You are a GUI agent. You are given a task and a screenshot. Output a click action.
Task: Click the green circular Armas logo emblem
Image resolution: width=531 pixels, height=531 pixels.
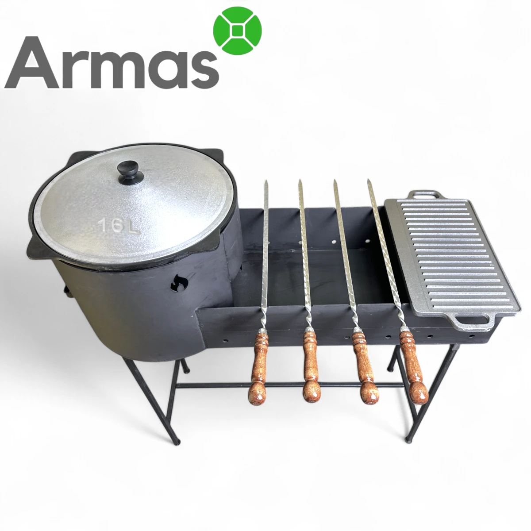[x=238, y=31]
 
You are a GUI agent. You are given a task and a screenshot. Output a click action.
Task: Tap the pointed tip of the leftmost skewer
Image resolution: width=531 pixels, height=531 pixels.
[x=266, y=181]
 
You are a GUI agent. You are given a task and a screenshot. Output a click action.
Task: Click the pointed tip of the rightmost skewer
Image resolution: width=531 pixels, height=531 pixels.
[x=369, y=180]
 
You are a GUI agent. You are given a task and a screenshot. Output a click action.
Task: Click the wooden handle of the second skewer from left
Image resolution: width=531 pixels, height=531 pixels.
[x=312, y=366]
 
